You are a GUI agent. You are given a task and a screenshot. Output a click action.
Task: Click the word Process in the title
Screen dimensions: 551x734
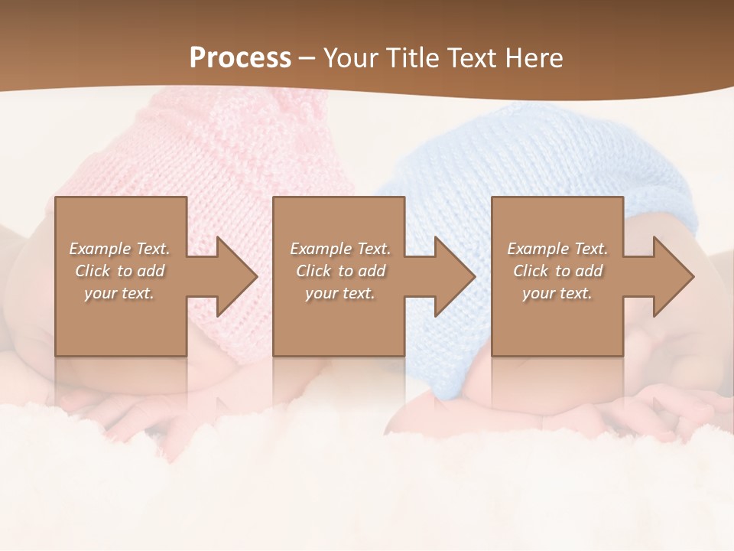(240, 58)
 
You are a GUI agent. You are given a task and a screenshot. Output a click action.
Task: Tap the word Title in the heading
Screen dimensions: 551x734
(411, 58)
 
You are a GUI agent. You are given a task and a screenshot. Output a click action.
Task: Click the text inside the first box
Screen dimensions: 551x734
(119, 271)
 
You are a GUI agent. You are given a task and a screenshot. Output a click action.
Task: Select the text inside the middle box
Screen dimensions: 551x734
(339, 271)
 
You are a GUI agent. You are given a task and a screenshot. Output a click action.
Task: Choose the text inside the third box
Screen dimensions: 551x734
(557, 271)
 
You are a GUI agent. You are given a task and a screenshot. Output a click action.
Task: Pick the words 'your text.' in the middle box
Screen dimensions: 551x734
(339, 293)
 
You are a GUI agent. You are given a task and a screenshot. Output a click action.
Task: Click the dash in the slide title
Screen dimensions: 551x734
(307, 58)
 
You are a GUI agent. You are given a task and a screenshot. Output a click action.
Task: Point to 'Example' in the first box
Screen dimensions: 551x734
(99, 249)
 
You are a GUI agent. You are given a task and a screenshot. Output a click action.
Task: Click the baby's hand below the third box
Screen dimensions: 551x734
(673, 406)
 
